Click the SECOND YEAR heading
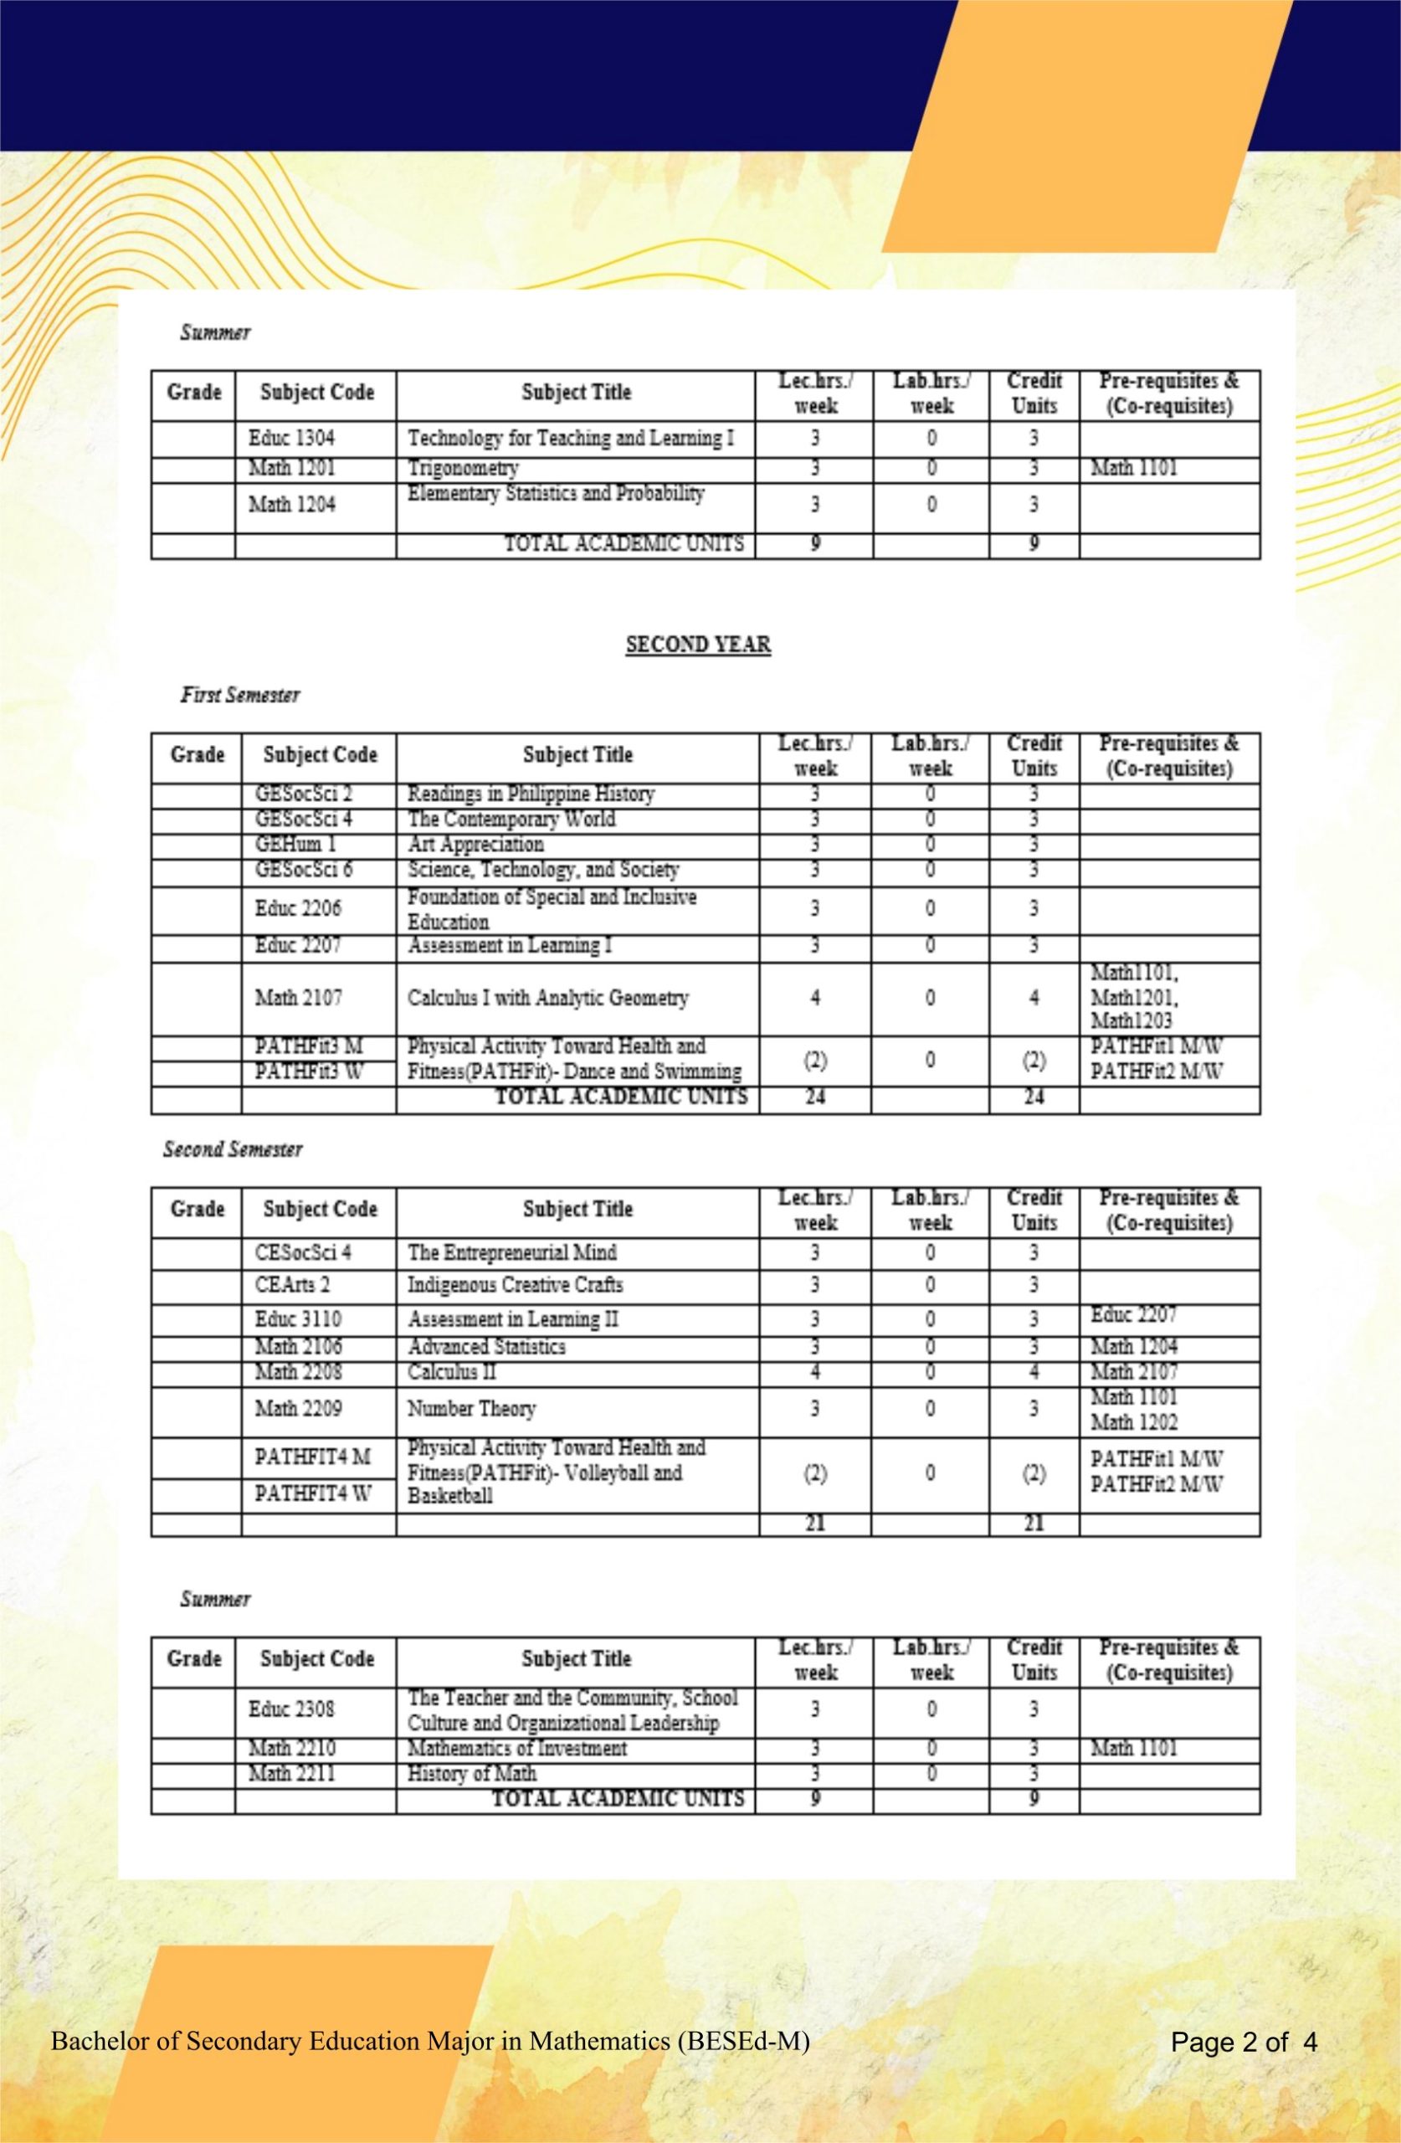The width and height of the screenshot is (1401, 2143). click(x=698, y=645)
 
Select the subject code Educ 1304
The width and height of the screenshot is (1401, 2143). click(x=292, y=439)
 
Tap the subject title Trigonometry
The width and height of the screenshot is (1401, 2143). click(x=463, y=468)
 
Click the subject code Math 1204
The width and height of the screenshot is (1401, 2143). click(x=292, y=504)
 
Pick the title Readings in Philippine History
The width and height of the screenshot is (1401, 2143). click(x=531, y=794)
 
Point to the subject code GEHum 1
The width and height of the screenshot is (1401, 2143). click(x=290, y=845)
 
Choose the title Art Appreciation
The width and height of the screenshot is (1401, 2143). click(x=475, y=845)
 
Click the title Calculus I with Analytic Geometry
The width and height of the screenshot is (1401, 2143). click(x=548, y=998)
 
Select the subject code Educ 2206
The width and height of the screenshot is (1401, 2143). click(x=298, y=907)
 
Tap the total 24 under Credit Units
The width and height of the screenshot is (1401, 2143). click(x=1034, y=1097)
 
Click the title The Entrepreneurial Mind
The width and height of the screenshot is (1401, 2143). click(x=512, y=1252)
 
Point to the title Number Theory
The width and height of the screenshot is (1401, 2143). click(x=471, y=1408)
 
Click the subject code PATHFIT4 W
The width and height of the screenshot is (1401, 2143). click(x=312, y=1493)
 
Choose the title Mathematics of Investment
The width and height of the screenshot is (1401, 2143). click(x=517, y=1748)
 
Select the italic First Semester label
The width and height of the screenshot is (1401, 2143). click(x=240, y=695)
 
